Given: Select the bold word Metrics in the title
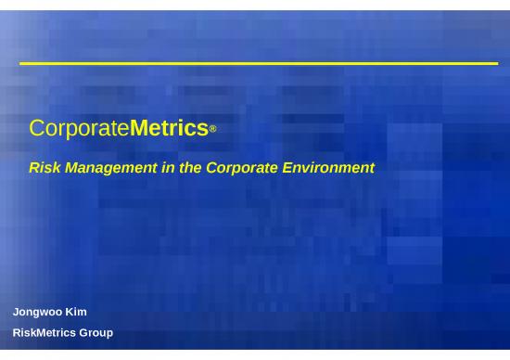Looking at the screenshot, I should (x=169, y=128).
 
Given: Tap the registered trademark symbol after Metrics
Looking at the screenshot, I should (x=213, y=131).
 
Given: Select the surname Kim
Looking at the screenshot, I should (x=76, y=312).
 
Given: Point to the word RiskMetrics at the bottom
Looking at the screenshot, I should (x=44, y=332).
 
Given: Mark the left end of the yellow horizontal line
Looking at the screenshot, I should (x=21, y=63).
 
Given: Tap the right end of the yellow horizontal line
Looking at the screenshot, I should (x=497, y=63).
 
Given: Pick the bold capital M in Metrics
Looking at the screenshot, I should (x=139, y=128).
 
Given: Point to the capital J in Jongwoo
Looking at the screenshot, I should (x=16, y=312).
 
